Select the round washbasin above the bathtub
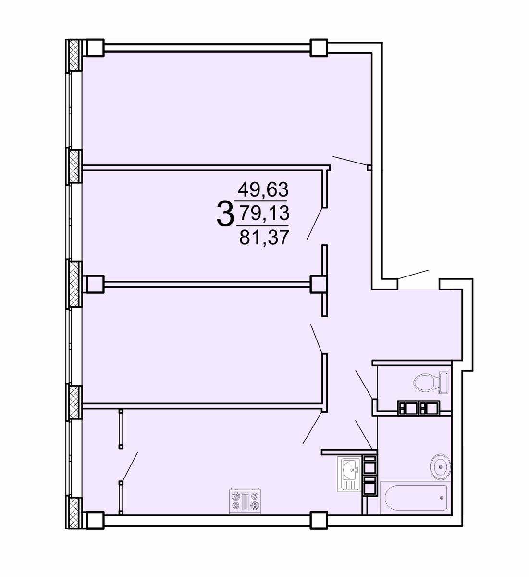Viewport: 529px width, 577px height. pos(440,467)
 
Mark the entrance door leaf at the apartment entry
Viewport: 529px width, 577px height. pos(413,275)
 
